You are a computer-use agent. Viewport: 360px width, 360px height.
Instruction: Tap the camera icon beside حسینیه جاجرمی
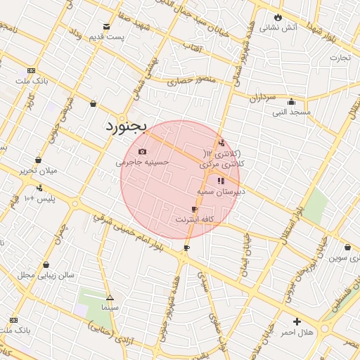tap(143, 152)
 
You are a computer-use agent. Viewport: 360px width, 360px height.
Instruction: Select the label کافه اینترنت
tap(194, 219)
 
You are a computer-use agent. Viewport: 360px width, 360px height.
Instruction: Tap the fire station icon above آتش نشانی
tap(278, 17)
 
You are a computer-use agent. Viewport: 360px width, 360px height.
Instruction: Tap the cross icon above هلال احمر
tap(296, 321)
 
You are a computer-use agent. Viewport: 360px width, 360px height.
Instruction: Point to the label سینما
tap(109, 307)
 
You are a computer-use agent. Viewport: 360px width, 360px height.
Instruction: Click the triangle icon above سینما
tap(109, 297)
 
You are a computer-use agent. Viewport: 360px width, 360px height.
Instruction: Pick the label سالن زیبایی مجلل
tap(46, 275)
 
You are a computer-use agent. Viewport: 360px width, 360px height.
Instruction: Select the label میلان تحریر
tap(37, 170)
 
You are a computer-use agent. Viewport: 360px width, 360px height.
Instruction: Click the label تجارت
tap(340, 58)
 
